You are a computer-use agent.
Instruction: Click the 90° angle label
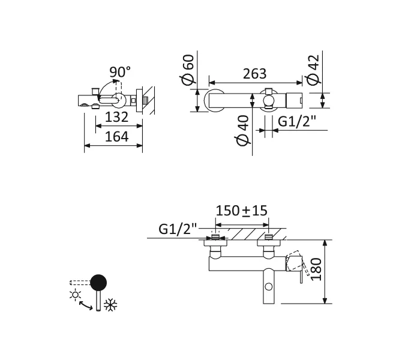tap(120, 72)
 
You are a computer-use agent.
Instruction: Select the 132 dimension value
tap(116, 116)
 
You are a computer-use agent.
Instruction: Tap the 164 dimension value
tap(116, 136)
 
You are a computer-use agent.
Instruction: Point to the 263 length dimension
tap(254, 74)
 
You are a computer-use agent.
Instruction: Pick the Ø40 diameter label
tap(242, 131)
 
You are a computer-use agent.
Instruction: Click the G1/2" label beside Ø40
tap(297, 121)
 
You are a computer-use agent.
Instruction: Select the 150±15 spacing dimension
tap(241, 211)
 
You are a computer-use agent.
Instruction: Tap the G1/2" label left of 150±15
tap(178, 229)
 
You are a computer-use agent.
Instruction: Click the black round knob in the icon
tap(98, 282)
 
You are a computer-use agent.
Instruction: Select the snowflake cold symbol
tap(110, 305)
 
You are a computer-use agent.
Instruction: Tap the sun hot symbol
tap(75, 294)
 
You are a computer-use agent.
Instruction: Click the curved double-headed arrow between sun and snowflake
tap(86, 305)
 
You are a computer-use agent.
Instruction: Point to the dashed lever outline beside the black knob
tap(79, 282)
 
